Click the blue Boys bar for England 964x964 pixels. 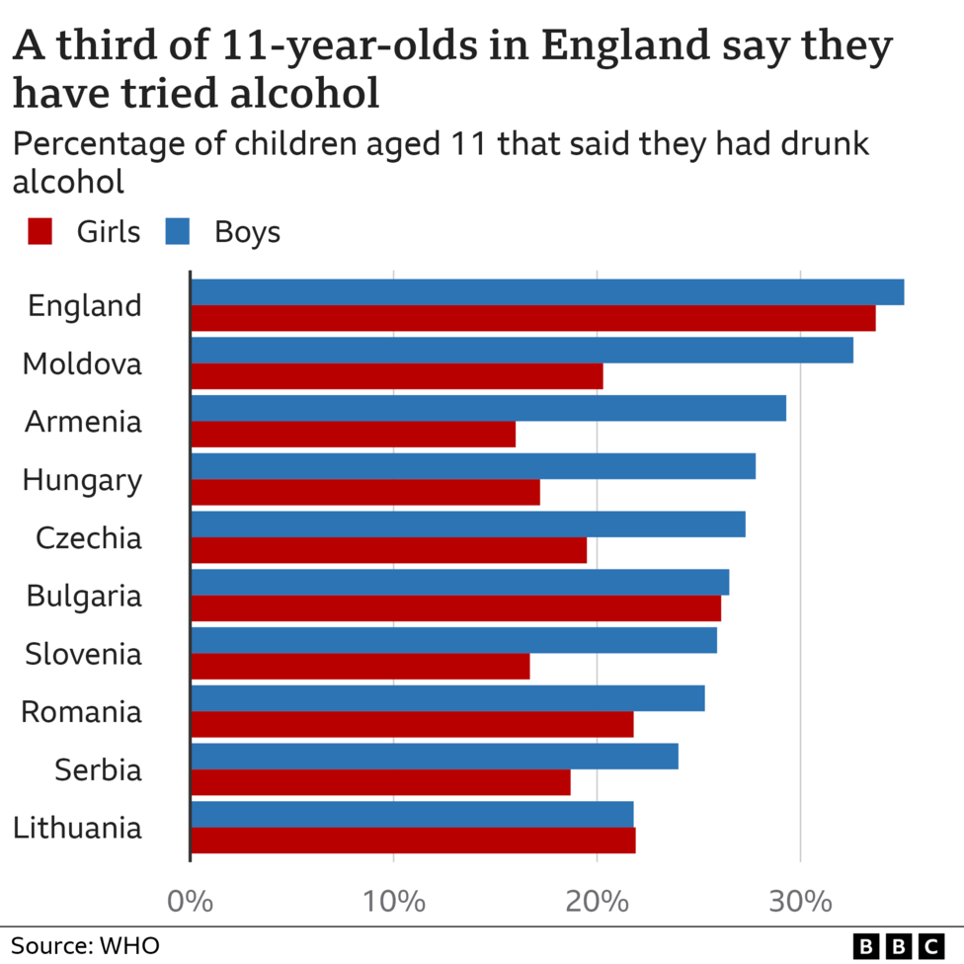click(x=546, y=292)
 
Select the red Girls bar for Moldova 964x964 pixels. click(x=396, y=376)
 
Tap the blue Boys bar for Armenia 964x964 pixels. click(x=488, y=408)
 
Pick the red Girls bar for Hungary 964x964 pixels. click(x=364, y=492)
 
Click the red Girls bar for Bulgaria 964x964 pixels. click(x=455, y=608)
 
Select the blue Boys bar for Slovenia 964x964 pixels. click(x=453, y=640)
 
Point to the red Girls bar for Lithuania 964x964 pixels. click(x=413, y=841)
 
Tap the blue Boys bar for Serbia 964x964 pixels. click(x=434, y=757)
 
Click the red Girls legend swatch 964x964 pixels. click(x=40, y=232)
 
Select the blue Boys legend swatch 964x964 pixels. click(x=178, y=232)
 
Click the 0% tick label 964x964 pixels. click(x=190, y=901)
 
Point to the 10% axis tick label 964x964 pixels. click(x=393, y=901)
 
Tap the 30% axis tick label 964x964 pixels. click(x=799, y=901)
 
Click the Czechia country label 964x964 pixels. click(x=89, y=538)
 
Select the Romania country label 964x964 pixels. click(x=82, y=712)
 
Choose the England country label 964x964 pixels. click(x=85, y=306)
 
